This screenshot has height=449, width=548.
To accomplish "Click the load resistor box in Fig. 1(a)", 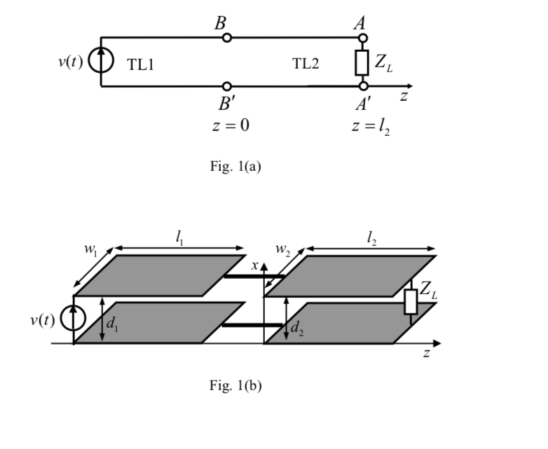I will tap(362, 62).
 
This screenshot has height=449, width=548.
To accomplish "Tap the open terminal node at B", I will tap(226, 38).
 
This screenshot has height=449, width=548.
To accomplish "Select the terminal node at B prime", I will tap(226, 86).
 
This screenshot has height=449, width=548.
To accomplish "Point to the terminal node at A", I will tap(362, 38).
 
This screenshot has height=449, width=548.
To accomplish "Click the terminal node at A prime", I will tap(362, 86).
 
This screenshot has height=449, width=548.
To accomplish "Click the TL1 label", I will tap(140, 65).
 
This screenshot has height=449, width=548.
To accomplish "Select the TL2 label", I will tap(306, 64).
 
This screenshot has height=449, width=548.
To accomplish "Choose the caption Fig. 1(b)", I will tap(235, 385).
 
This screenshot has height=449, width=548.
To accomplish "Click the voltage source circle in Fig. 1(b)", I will tap(73, 319).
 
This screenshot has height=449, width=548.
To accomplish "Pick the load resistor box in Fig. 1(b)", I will tap(411, 301).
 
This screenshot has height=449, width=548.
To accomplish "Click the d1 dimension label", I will tap(112, 323).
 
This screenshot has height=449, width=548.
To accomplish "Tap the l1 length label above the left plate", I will tap(180, 239).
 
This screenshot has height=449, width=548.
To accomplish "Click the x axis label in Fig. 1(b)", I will tap(256, 265).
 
